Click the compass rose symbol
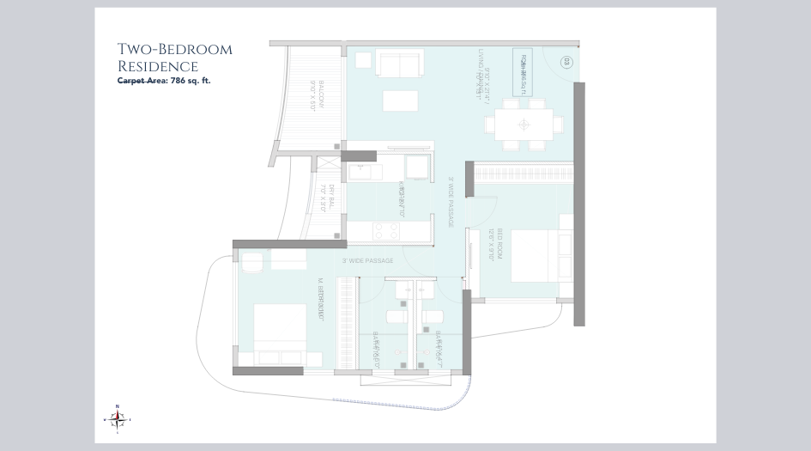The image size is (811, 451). coord(118,418)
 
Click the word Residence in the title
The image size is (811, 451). coord(158,66)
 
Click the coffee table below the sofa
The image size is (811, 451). coord(400,101)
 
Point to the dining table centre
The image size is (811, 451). coord(524,124)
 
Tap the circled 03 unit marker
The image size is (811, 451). coord(566,61)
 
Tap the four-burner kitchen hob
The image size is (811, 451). coord(383,231)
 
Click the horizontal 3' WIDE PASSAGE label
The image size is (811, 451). coord(367,260)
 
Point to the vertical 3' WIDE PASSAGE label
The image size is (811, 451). coord(451,202)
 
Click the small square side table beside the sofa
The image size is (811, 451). coord(362,60)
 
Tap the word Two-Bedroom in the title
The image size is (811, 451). coord(174,49)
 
